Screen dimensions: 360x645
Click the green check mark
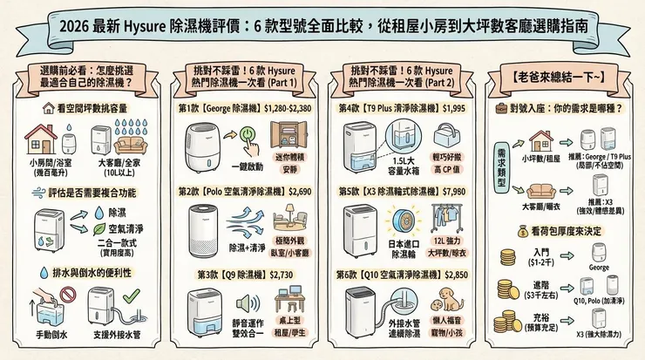click(130, 299)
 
